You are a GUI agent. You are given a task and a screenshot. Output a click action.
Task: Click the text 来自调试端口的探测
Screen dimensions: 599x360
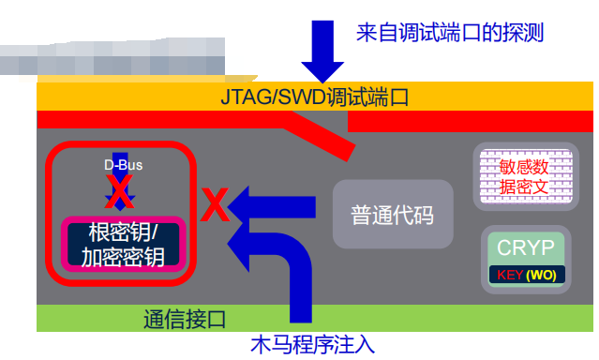pyautogui.click(x=450, y=33)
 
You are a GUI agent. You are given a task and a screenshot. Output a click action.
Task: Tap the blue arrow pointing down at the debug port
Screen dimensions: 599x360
pyautogui.click(x=322, y=52)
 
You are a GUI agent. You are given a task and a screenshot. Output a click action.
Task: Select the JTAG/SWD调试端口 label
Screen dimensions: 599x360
pyautogui.click(x=315, y=97)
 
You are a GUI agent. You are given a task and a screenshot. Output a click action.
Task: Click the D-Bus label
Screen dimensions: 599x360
pyautogui.click(x=123, y=165)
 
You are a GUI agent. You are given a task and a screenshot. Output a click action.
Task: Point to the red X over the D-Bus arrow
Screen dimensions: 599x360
pyautogui.click(x=120, y=191)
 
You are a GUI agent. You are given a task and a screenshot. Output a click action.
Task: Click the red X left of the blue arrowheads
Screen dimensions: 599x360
pyautogui.click(x=215, y=204)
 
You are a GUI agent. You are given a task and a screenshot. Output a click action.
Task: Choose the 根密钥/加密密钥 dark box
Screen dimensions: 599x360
pyautogui.click(x=124, y=244)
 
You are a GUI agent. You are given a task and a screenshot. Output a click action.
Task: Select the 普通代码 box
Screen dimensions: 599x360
pyautogui.click(x=393, y=215)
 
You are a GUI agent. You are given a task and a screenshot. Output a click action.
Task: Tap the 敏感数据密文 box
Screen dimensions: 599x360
pyautogui.click(x=526, y=176)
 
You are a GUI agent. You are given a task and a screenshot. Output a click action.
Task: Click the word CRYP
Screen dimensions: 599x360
pyautogui.click(x=526, y=247)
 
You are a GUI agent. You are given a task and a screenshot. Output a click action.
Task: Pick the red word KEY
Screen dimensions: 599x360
pyautogui.click(x=510, y=275)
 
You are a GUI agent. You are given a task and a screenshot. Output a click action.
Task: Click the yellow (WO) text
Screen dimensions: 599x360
pyautogui.click(x=541, y=276)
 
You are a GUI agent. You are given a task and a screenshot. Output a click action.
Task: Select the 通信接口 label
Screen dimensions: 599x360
pyautogui.click(x=185, y=319)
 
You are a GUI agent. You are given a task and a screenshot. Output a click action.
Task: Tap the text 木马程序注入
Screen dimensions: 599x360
pyautogui.click(x=312, y=344)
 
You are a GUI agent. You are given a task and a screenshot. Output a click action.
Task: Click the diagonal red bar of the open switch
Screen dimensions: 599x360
pyautogui.click(x=321, y=136)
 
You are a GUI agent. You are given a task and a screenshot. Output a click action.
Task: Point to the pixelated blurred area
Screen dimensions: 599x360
pyautogui.click(x=112, y=56)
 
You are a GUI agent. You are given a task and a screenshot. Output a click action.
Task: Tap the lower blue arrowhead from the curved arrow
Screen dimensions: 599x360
pyautogui.click(x=238, y=244)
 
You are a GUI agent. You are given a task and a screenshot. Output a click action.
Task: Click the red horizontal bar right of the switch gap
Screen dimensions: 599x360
pyautogui.click(x=471, y=122)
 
